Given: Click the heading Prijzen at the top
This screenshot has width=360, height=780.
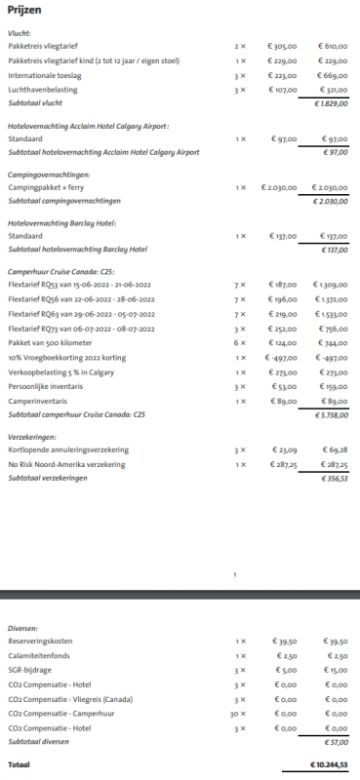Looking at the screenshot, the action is click(24, 9).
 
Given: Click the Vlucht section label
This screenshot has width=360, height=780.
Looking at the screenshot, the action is click(19, 33).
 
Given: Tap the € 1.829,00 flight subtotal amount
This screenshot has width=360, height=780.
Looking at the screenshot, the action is click(331, 102).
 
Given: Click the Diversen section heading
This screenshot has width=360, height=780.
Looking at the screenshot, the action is click(22, 628).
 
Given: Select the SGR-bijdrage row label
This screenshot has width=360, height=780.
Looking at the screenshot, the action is click(31, 671).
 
